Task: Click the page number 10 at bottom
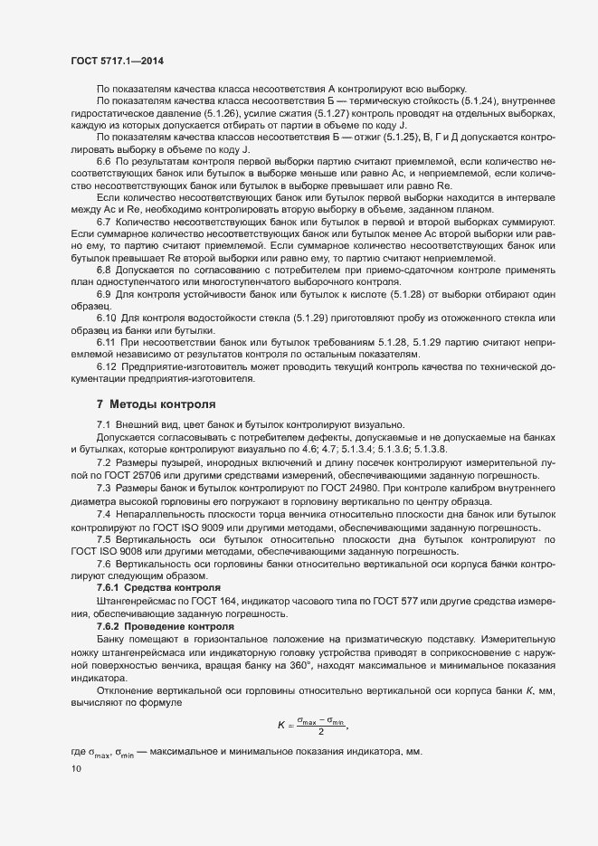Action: point(76,769)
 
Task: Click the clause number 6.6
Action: point(104,160)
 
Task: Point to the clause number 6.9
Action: point(104,296)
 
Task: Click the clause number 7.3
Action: point(103,488)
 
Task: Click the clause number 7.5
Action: point(103,538)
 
